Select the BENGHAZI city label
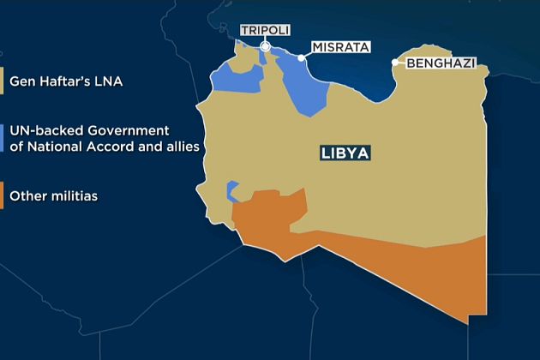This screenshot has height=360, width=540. (x=441, y=63)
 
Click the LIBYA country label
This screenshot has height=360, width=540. (x=345, y=154)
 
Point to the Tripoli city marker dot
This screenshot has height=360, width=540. (x=266, y=47)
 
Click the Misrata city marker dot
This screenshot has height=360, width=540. (x=302, y=58)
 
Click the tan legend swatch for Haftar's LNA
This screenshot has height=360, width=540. (x=3, y=83)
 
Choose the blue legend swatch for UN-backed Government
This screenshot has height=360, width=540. (x=3, y=138)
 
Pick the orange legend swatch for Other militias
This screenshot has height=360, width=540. (x=3, y=196)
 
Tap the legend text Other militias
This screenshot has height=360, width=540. (x=53, y=196)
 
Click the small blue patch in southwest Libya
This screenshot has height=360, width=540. (x=231, y=189)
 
